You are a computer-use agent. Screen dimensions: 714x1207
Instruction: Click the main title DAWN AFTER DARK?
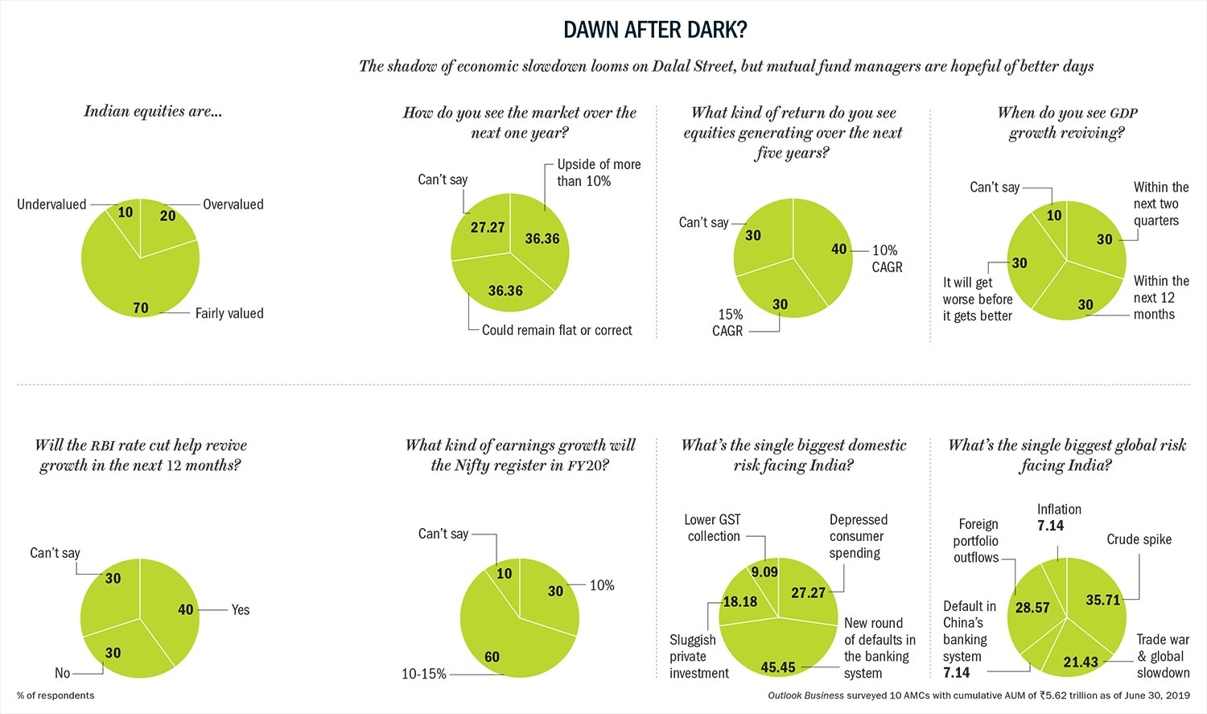coord(655,30)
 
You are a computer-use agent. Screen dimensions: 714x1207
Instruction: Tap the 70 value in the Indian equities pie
coord(141,307)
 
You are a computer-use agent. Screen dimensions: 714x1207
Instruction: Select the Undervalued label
coord(51,204)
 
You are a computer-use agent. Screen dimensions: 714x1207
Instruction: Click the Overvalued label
coord(233,204)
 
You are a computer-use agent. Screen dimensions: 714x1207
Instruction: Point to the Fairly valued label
coord(229,313)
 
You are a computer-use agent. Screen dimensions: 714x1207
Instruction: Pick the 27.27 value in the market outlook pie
coord(488,227)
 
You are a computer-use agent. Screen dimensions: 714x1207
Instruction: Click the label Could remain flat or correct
coord(557,330)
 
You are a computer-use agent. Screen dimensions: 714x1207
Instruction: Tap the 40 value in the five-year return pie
coord(839,250)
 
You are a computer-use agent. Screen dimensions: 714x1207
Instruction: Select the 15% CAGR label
coord(728,322)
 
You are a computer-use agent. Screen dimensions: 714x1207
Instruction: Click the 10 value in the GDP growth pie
coord(1054,215)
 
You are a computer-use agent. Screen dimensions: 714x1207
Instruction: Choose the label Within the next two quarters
coord(1160,204)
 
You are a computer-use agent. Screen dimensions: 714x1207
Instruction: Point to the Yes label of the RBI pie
coord(241,610)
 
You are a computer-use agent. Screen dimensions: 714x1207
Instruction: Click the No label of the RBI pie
coord(62,673)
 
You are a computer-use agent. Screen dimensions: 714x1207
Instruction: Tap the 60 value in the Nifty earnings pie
coord(492,657)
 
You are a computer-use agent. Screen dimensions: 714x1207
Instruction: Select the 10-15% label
coord(424,674)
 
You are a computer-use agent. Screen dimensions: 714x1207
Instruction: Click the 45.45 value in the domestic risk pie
coord(778,667)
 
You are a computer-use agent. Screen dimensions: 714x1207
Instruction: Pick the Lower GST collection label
coord(713,528)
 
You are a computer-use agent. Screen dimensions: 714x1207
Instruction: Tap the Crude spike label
coord(1139,539)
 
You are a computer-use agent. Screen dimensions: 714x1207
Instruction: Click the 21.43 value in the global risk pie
coord(1081,662)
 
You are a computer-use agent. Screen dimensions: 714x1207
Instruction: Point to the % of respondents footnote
coord(56,695)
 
